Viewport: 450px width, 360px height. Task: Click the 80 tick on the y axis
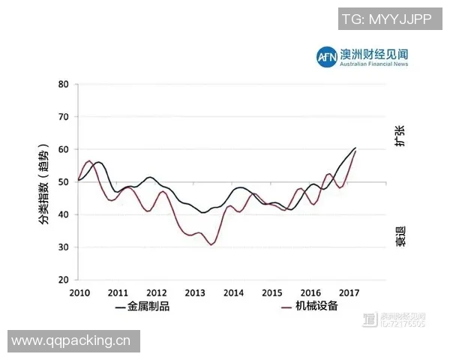point(63,85)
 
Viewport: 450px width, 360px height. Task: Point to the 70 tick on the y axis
point(63,117)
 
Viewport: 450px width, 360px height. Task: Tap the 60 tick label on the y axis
point(63,149)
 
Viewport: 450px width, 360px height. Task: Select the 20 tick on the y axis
point(63,280)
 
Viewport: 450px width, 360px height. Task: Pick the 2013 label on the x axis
point(195,292)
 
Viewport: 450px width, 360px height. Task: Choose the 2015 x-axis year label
point(272,292)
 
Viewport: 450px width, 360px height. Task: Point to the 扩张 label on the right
point(401,136)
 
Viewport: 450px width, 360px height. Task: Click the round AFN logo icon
point(326,56)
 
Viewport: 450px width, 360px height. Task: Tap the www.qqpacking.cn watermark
point(70,341)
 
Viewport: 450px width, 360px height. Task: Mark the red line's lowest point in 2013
point(211,244)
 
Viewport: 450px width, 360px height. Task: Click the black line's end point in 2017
point(355,148)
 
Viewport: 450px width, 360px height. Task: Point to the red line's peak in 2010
point(88,160)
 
